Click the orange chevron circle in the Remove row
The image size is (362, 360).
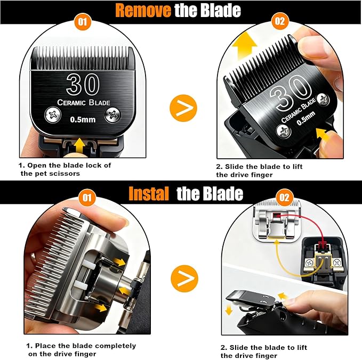(183, 109)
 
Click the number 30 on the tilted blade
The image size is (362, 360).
(288, 98)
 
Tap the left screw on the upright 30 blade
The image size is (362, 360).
(53, 113)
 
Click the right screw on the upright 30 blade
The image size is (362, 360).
(112, 113)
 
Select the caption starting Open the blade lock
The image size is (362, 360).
(65, 169)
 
